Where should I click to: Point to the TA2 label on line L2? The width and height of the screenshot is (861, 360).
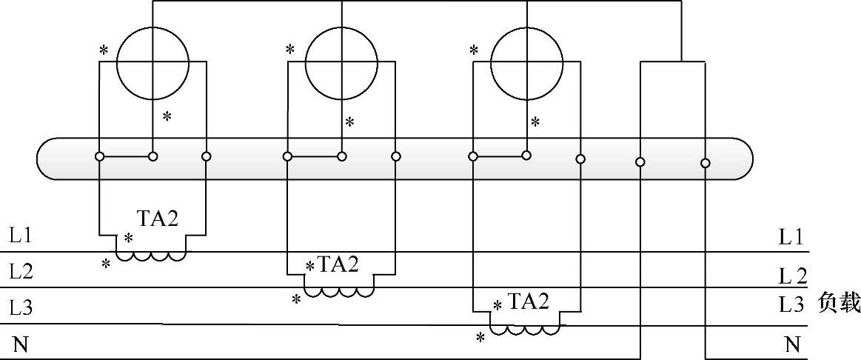pos(338,265)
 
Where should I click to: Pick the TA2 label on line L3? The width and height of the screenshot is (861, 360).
pos(528,301)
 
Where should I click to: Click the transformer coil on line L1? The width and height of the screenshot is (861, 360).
pos(152,257)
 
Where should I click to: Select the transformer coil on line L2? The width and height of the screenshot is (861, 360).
pos(339,292)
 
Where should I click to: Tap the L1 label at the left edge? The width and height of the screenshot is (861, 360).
pos(21,237)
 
